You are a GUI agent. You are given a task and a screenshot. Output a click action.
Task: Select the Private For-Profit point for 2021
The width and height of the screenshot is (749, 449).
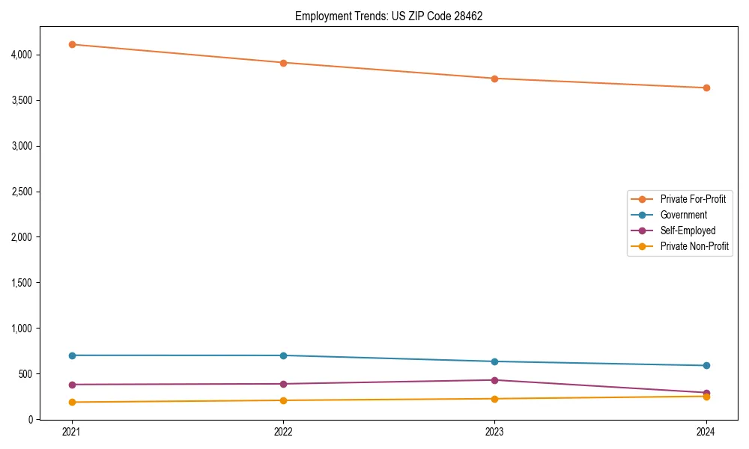pyautogui.click(x=72, y=44)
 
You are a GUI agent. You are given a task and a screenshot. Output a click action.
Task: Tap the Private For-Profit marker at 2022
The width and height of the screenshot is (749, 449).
pyautogui.click(x=283, y=63)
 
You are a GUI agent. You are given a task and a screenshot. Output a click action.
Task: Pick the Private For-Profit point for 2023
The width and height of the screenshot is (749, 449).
pyautogui.click(x=494, y=79)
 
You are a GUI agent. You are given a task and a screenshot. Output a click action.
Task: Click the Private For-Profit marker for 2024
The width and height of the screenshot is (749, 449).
pyautogui.click(x=706, y=88)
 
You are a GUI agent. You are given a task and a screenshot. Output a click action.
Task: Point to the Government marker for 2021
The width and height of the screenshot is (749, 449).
pyautogui.click(x=72, y=355)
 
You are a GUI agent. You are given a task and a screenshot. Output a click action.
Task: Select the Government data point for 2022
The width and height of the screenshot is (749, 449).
pyautogui.click(x=283, y=355)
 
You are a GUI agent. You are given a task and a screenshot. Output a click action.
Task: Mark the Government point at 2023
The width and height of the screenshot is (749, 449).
pyautogui.click(x=494, y=361)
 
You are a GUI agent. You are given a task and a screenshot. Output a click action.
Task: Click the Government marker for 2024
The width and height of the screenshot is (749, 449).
pyautogui.click(x=706, y=365)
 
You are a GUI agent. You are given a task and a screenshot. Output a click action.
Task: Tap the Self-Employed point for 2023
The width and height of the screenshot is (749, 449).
pyautogui.click(x=494, y=380)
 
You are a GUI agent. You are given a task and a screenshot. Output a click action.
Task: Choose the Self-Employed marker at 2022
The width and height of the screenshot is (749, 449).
pyautogui.click(x=283, y=384)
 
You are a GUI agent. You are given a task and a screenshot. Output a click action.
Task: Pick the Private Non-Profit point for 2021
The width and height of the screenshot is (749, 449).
pyautogui.click(x=72, y=402)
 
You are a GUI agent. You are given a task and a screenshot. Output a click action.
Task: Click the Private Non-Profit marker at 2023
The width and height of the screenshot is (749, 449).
pyautogui.click(x=494, y=399)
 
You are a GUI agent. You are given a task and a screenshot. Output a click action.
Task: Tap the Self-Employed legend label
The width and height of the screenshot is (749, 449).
pyautogui.click(x=688, y=230)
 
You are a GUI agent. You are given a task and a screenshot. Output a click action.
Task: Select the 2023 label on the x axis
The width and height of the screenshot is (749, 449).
pyautogui.click(x=494, y=431)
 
